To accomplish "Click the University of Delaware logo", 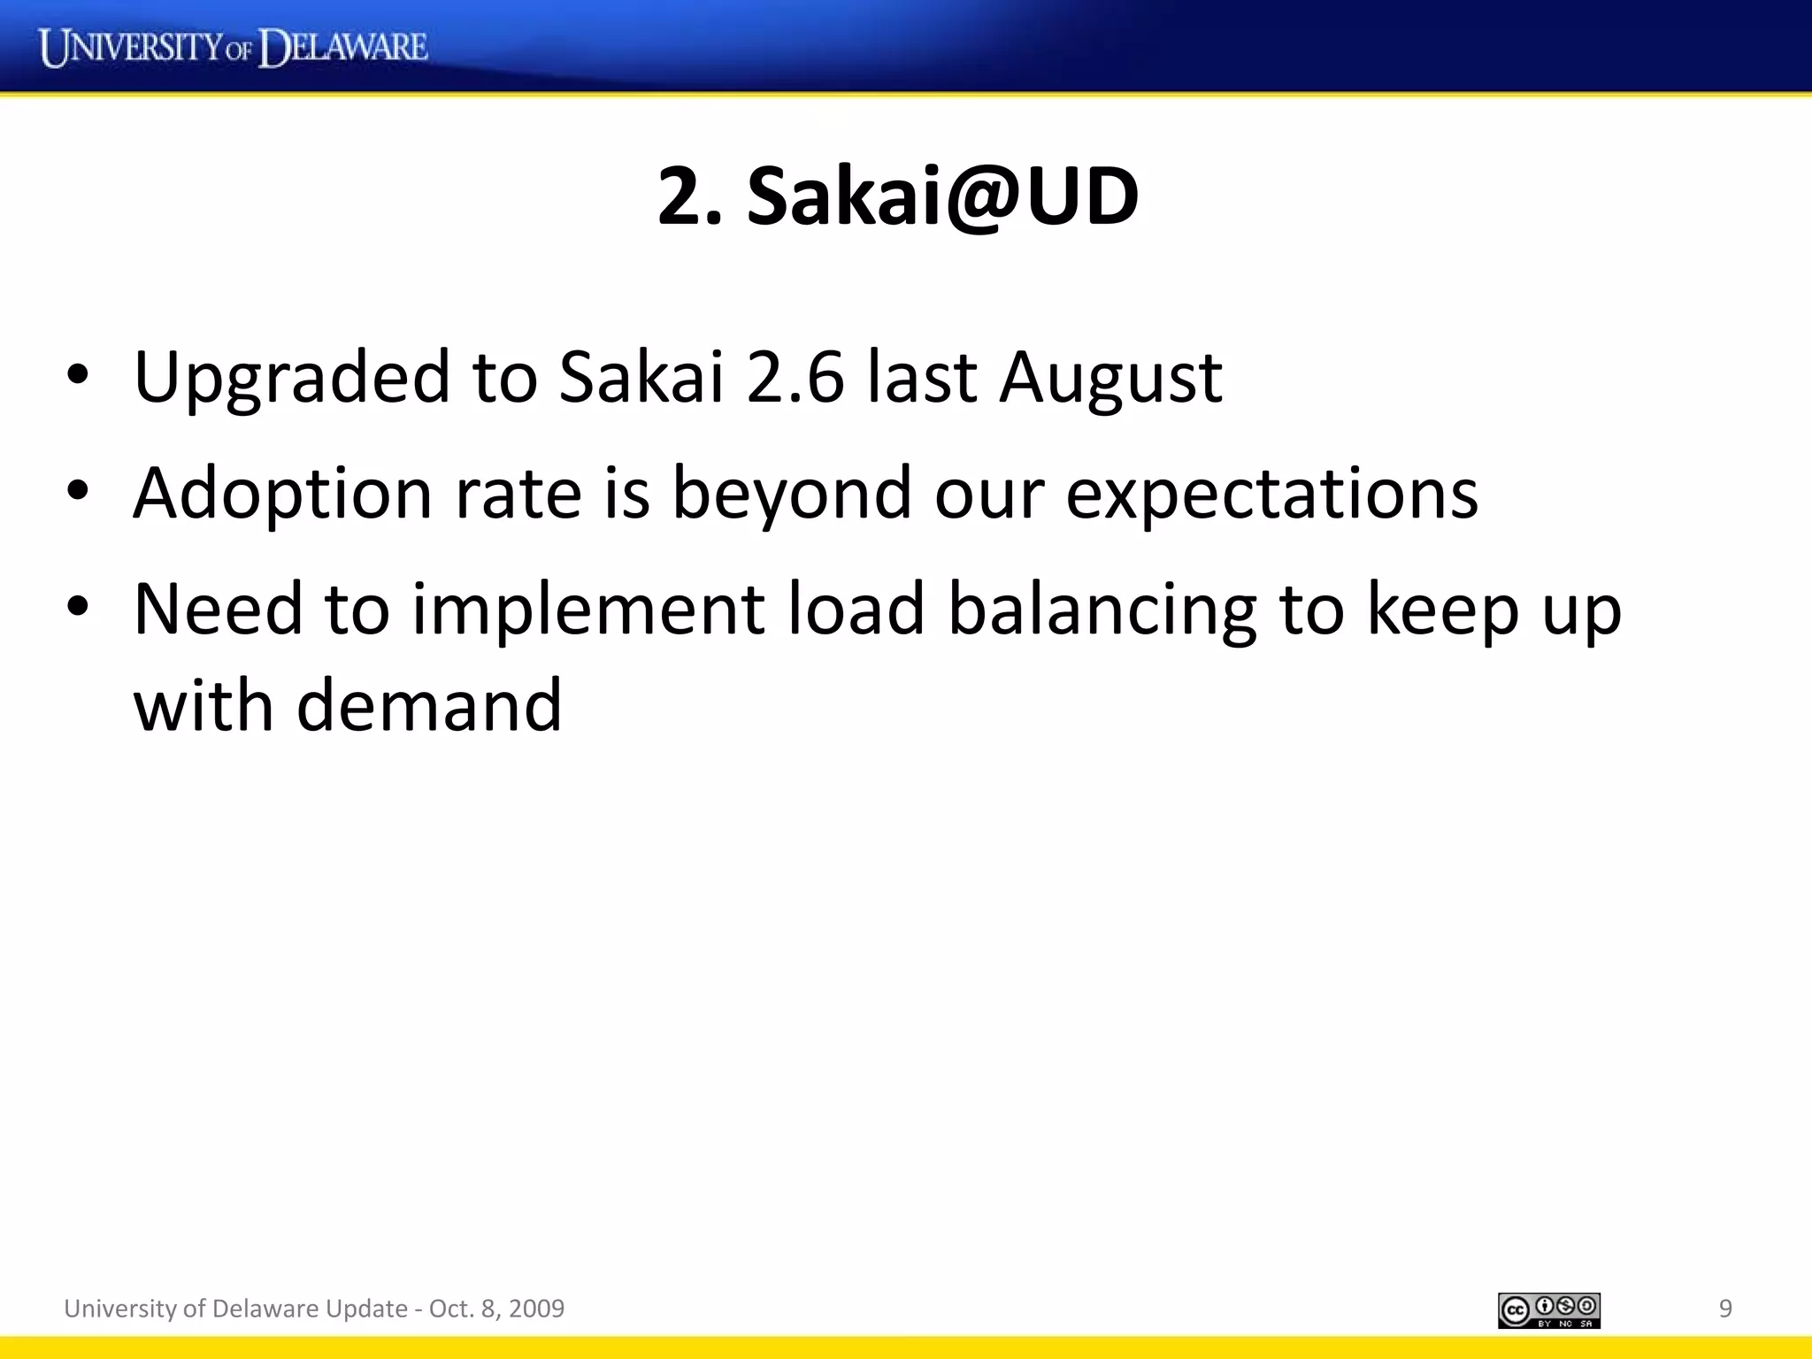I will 234,48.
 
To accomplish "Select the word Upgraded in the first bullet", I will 292,379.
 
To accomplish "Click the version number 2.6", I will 795,377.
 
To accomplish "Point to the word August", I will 1111,379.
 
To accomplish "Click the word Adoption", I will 282,494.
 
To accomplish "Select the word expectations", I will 1271,494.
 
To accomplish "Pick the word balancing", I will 1102,610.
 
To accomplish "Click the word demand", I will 429,705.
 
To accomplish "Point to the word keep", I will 1443,610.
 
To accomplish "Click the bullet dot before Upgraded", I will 78,374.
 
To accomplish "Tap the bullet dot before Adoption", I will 78,489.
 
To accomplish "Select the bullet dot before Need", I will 78,605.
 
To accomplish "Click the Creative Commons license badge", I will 1548,1310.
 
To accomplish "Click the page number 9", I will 1724,1309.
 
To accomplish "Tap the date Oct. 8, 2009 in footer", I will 496,1309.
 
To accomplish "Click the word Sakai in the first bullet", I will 641,377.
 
